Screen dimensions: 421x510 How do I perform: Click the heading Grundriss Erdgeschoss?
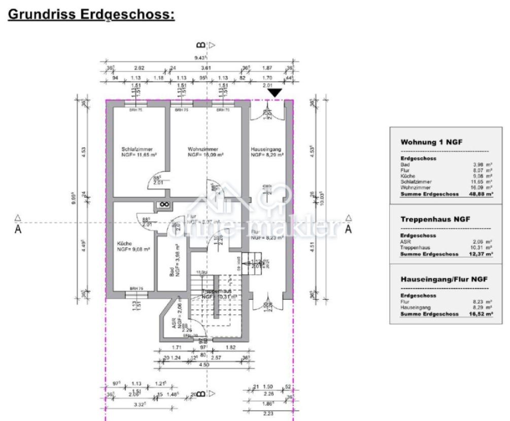click(x=91, y=14)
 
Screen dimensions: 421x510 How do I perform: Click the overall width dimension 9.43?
click(x=200, y=58)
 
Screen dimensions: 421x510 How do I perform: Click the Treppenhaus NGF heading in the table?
click(x=435, y=219)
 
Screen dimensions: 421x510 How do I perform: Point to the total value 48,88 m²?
click(x=481, y=194)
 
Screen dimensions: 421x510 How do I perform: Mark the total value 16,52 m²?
click(x=481, y=314)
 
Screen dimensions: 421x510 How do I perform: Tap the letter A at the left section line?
click(x=18, y=229)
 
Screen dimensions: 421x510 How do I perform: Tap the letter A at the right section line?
click(x=348, y=229)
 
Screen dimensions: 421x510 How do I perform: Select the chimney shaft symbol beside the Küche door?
click(x=163, y=204)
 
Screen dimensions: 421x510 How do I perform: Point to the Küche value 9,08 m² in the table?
click(x=483, y=177)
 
